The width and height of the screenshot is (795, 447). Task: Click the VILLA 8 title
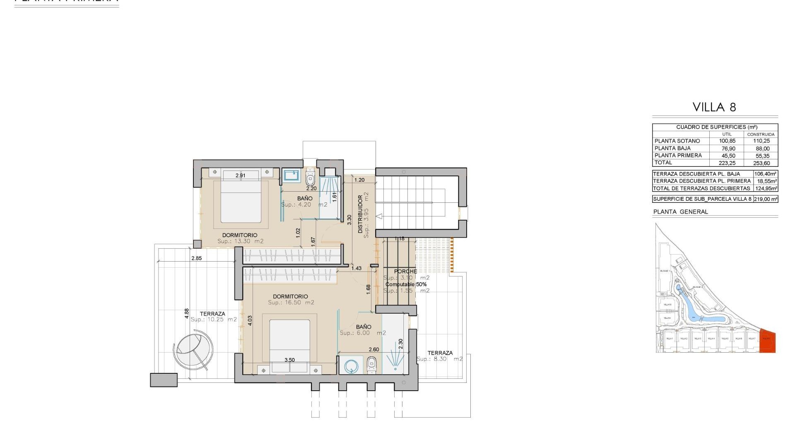pos(714,107)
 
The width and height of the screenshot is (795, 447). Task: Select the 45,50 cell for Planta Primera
pos(727,156)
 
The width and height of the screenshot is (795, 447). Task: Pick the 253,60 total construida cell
pos(761,163)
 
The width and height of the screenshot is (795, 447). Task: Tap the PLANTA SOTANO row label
pos(677,141)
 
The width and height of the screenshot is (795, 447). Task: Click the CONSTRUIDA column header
pos(761,135)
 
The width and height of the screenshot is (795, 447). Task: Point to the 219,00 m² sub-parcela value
pos(765,199)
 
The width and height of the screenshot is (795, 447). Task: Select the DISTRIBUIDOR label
pos(360,214)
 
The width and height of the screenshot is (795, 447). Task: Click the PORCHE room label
pos(405,272)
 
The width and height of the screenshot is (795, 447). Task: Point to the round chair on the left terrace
pos(193,349)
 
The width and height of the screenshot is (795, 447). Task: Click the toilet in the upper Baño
pos(311,179)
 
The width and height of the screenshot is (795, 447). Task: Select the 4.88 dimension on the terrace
pos(187,313)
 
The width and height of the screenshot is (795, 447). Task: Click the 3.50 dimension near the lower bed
pos(289,360)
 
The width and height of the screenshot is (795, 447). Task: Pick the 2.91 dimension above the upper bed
pos(240,175)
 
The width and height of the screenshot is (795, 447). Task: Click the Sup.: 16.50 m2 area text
pos(291,303)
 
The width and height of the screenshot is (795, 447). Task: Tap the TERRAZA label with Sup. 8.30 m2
pos(440,353)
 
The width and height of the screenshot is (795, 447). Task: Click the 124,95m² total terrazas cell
pos(765,188)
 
